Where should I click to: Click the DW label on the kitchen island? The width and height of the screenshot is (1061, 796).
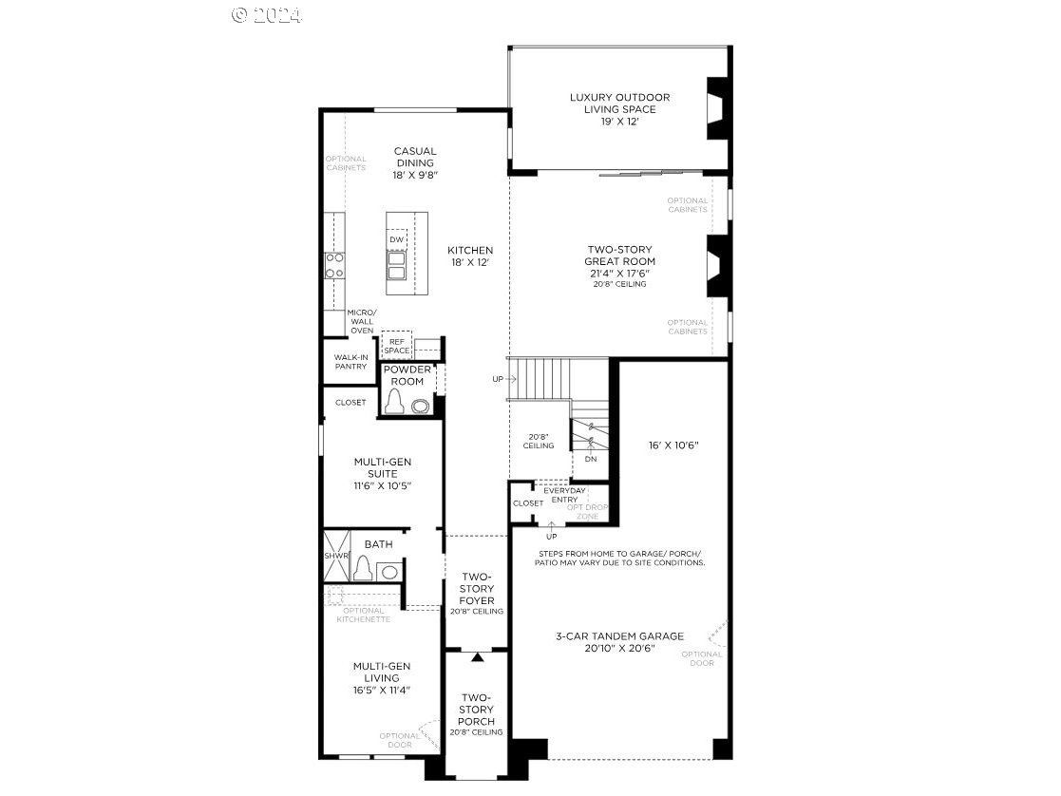pyautogui.click(x=396, y=239)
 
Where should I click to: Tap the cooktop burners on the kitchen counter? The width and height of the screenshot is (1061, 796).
pyautogui.click(x=334, y=265)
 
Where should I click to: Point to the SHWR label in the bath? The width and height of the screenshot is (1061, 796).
pyautogui.click(x=335, y=556)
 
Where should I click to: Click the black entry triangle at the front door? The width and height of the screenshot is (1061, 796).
pyautogui.click(x=478, y=655)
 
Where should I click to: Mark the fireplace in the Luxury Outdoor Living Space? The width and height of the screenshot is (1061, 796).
pyautogui.click(x=717, y=109)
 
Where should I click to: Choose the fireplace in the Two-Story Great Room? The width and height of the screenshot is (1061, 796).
pyautogui.click(x=717, y=267)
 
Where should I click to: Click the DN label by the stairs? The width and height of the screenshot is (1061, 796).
pyautogui.click(x=591, y=459)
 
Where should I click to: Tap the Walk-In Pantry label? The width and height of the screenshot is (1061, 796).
pyautogui.click(x=350, y=361)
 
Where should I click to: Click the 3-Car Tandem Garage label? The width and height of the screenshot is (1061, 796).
pyautogui.click(x=619, y=642)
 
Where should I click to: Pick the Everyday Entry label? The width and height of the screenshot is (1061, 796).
pyautogui.click(x=560, y=494)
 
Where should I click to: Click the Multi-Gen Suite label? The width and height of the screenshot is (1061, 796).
pyautogui.click(x=382, y=473)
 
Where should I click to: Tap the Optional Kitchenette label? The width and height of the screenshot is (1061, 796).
pyautogui.click(x=363, y=615)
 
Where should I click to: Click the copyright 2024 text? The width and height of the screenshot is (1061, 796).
pyautogui.click(x=267, y=15)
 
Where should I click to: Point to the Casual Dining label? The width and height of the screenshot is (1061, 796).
pyautogui.click(x=415, y=162)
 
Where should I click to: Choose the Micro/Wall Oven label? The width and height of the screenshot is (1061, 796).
pyautogui.click(x=362, y=321)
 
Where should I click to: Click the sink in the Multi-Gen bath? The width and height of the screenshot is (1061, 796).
pyautogui.click(x=388, y=571)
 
